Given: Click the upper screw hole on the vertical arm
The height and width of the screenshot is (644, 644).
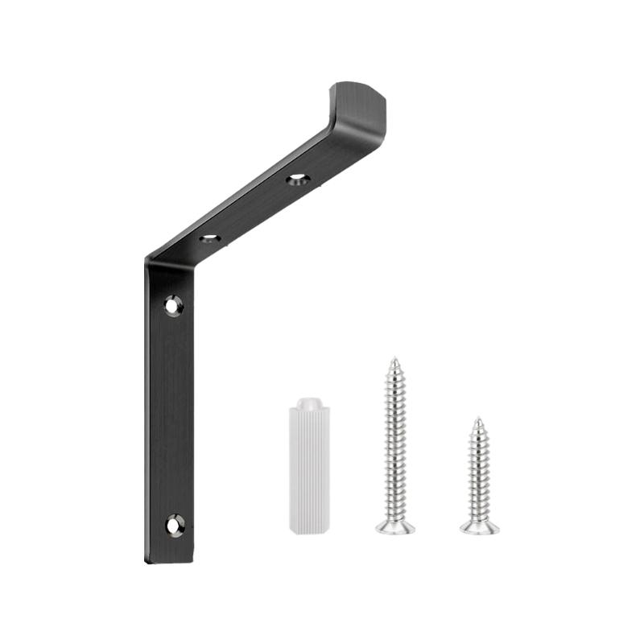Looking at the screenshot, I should [173, 305].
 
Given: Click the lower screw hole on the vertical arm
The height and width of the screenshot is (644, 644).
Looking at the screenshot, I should [175, 525].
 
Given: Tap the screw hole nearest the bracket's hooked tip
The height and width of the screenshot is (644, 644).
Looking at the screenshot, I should [297, 179].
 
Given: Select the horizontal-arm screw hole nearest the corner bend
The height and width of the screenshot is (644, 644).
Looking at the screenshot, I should [210, 238].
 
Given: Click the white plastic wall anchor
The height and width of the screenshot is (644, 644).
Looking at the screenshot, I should [309, 467].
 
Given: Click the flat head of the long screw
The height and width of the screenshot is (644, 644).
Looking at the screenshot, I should [395, 527].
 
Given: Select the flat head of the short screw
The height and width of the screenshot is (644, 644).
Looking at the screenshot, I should [479, 527].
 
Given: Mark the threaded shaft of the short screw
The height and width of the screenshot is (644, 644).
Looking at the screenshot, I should [479, 471].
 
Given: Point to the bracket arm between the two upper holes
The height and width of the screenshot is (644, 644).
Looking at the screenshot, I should [254, 208].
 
